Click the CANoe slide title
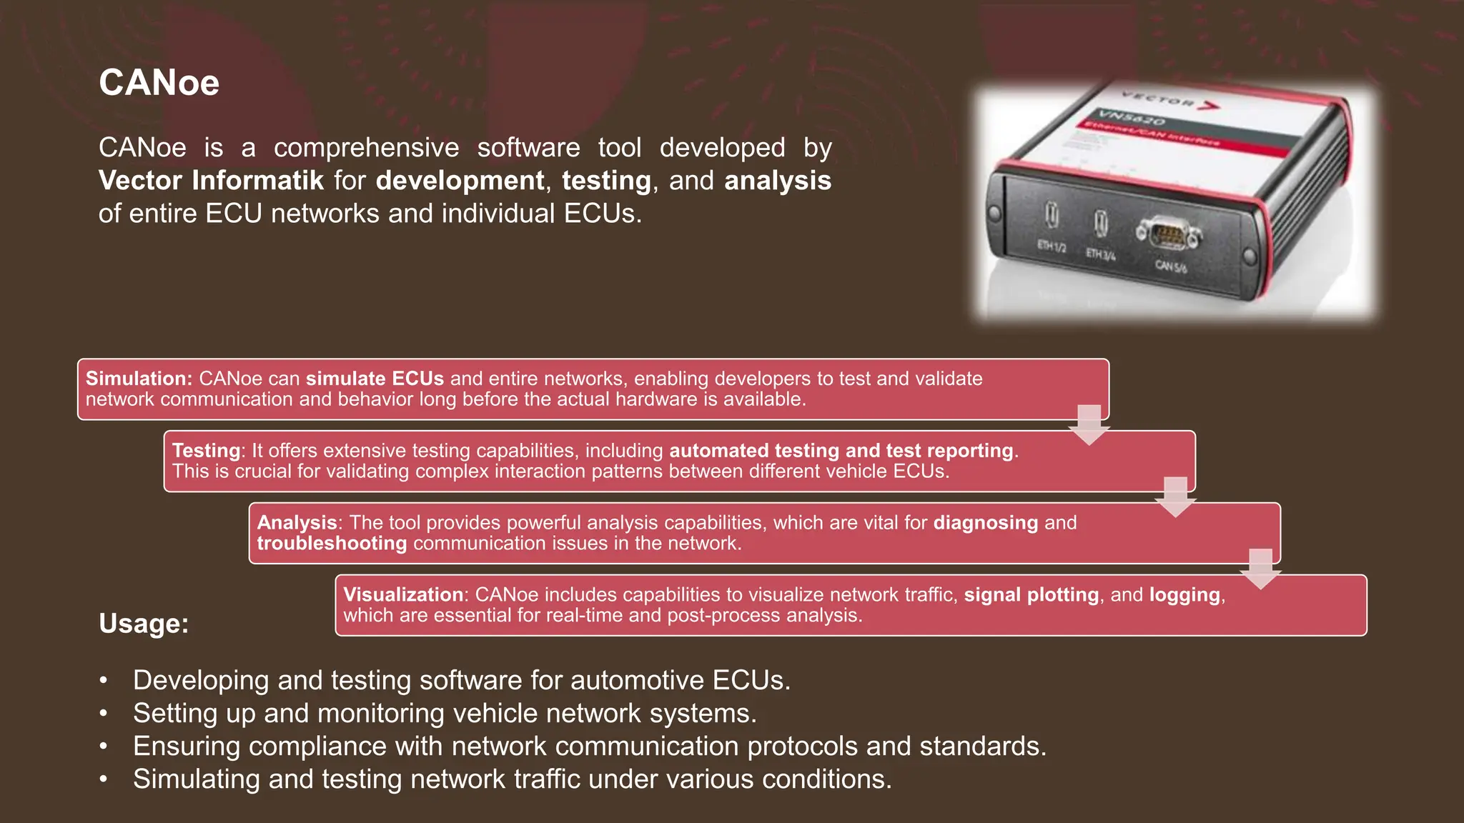tap(159, 83)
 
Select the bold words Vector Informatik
tap(211, 180)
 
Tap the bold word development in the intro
tap(460, 180)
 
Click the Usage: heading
tap(144, 623)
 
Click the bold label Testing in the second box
tap(206, 451)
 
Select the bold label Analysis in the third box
tap(297, 523)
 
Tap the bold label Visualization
tap(403, 594)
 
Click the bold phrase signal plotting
tap(1031, 594)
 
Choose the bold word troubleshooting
tap(332, 544)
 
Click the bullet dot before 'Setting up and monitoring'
tap(104, 714)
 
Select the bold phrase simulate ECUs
tap(375, 379)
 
